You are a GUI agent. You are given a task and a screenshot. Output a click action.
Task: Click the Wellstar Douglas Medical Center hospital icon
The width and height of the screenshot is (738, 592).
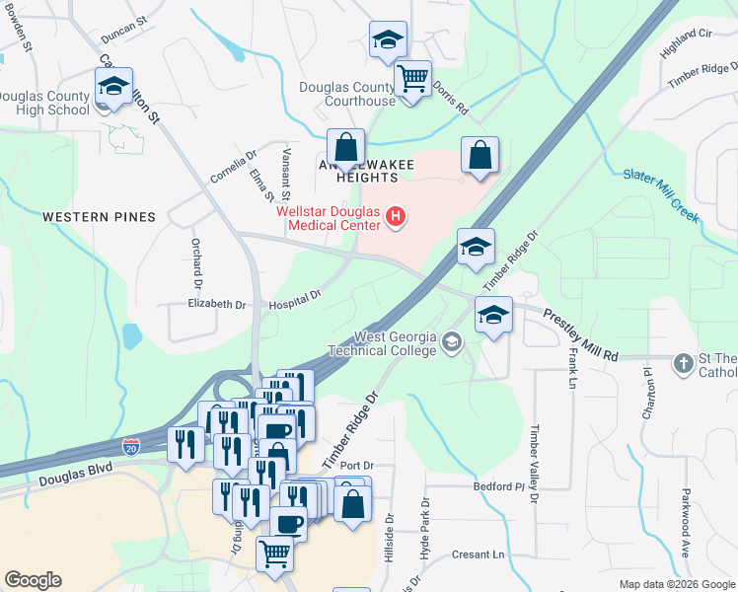(397, 216)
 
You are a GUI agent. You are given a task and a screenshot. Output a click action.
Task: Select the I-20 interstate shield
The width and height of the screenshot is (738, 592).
(146, 448)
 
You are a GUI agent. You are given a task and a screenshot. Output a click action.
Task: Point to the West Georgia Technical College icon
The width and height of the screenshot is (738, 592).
(452, 342)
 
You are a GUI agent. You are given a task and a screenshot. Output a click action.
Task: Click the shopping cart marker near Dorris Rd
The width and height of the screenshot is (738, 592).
(412, 79)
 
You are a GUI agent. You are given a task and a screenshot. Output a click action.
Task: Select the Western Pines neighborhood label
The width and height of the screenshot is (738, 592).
(99, 216)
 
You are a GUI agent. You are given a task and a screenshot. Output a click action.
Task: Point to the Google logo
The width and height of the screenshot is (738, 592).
(33, 580)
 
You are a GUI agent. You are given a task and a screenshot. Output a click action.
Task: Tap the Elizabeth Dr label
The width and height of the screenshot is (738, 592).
(216, 305)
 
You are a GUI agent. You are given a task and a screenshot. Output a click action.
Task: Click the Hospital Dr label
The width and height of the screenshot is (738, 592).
(296, 299)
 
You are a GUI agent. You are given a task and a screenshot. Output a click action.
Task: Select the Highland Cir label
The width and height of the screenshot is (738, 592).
(686, 39)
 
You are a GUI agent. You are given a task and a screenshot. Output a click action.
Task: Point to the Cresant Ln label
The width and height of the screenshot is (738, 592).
(478, 555)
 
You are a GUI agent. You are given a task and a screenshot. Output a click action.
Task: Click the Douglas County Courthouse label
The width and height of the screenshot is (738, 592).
(347, 94)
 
